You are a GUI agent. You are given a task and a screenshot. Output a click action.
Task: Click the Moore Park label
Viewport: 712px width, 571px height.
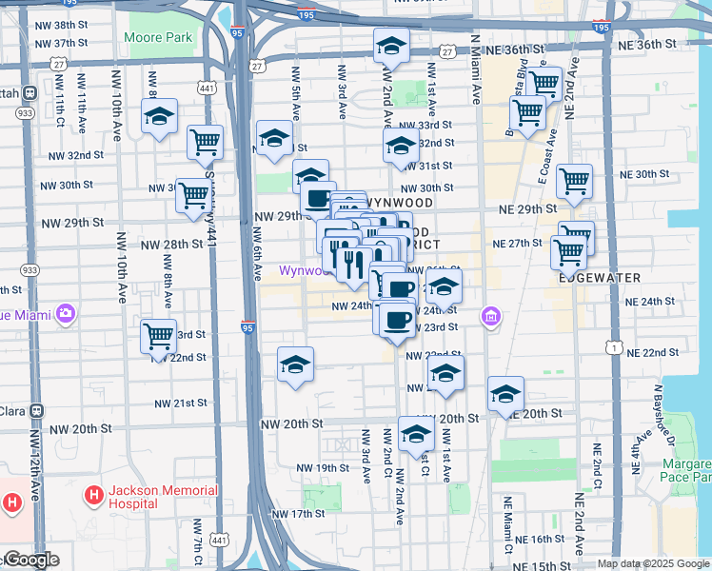158,37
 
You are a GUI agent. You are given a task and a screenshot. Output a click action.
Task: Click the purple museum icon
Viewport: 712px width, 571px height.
490,315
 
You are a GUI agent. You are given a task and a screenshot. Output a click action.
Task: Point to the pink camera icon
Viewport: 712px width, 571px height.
65,312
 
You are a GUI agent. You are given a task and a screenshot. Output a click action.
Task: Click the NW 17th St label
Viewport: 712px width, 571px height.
298,514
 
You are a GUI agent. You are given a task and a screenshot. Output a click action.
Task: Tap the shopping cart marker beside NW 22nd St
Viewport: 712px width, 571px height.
158,336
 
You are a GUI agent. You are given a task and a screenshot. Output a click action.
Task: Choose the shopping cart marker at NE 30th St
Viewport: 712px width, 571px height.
574,180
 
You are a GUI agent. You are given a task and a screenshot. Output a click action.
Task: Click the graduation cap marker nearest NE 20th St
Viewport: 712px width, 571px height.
505,393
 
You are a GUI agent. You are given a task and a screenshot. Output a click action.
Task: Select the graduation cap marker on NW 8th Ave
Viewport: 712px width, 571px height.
159,118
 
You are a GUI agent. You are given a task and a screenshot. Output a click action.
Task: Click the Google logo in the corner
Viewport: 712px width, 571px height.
30,560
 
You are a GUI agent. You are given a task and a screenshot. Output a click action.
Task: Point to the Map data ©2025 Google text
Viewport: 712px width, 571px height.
653,564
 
